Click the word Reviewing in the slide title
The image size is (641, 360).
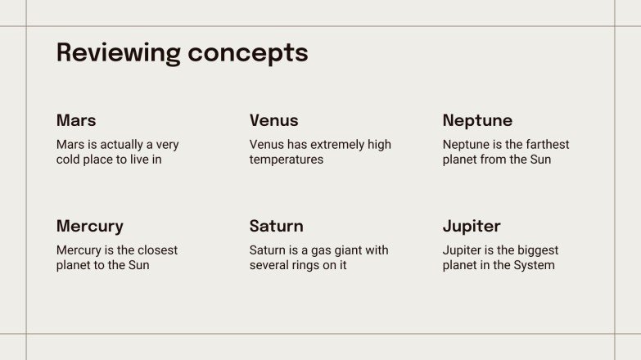pos(118,53)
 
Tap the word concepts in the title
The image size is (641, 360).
pos(248,53)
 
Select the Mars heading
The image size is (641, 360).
pos(76,120)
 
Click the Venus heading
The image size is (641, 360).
pos(273,120)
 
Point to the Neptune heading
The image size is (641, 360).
pos(477,120)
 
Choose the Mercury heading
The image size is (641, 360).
pos(90,226)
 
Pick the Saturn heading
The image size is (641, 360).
pos(276,226)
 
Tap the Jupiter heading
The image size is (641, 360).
pos(472,226)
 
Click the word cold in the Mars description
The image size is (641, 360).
pos(70,160)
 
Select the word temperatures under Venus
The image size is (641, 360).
pos(286,160)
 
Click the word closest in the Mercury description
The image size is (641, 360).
pos(155,250)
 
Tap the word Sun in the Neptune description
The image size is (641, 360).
pos(539,160)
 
